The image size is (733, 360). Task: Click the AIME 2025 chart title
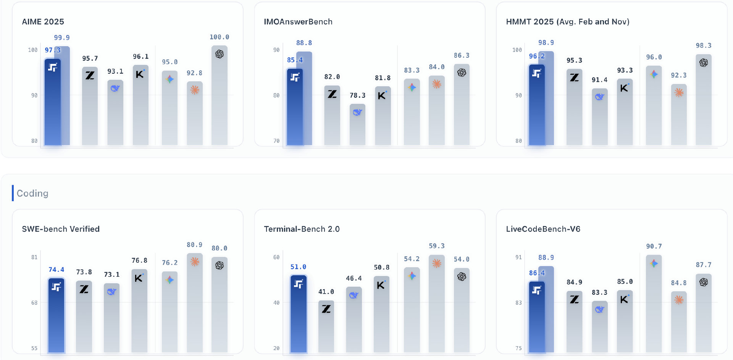point(43,22)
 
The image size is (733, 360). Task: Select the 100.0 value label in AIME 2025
point(219,37)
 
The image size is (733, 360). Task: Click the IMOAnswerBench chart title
point(298,22)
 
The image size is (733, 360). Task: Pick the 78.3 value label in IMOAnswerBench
point(357,95)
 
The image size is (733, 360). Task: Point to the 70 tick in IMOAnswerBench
point(276,141)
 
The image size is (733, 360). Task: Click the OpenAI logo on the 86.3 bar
point(462,73)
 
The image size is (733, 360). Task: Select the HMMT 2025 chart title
point(567,22)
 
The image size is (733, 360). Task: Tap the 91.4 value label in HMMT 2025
point(599,80)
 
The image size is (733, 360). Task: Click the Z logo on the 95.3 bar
point(574,77)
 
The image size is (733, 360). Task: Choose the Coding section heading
point(32,193)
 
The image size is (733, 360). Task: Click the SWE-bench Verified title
point(61,229)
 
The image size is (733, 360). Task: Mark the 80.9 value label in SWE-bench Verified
point(194,245)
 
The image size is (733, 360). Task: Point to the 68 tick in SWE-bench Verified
point(34,303)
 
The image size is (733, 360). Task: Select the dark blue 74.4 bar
point(56,317)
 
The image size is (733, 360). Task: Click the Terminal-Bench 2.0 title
point(302,229)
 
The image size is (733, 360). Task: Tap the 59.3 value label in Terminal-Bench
point(436,246)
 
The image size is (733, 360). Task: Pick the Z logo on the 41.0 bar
point(326,309)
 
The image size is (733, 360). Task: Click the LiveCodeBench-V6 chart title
point(543,229)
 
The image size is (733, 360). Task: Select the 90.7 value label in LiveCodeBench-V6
point(654,247)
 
